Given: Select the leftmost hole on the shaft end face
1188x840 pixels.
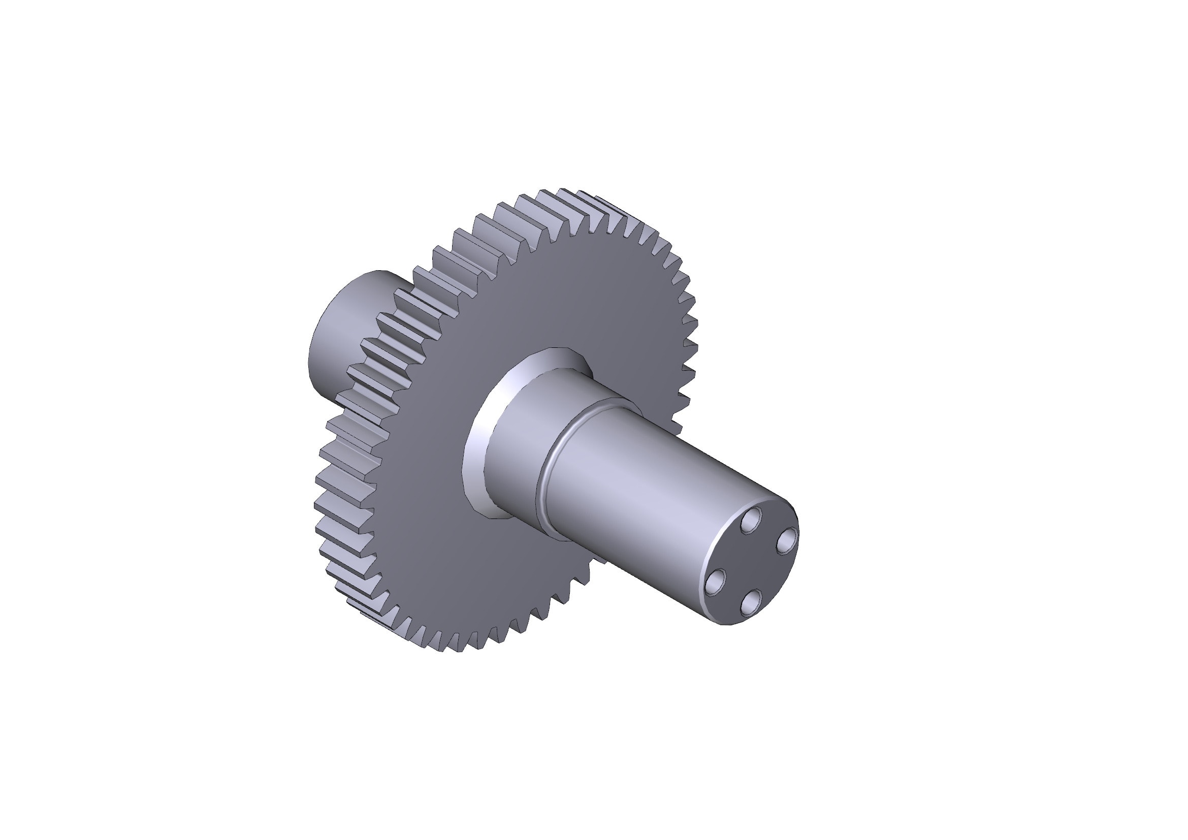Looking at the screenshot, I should point(716,581).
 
